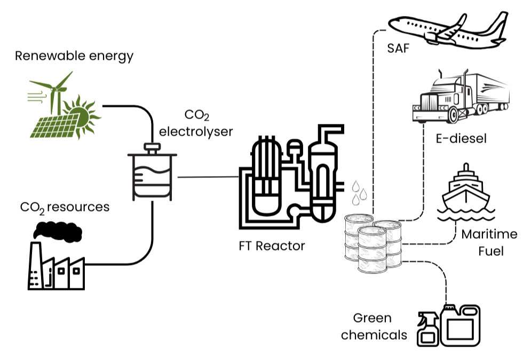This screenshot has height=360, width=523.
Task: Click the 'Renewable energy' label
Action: [74, 56]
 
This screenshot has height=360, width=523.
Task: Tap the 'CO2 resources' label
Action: [64, 207]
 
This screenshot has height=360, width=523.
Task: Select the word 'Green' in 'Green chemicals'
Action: [372, 318]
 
